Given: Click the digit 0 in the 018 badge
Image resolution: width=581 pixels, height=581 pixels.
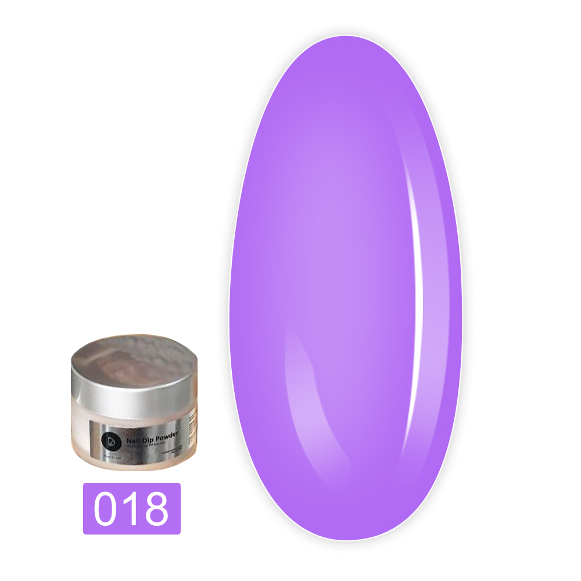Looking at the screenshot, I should pos(107,508).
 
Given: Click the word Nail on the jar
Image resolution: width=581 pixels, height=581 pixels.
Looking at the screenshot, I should pos(133,440).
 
